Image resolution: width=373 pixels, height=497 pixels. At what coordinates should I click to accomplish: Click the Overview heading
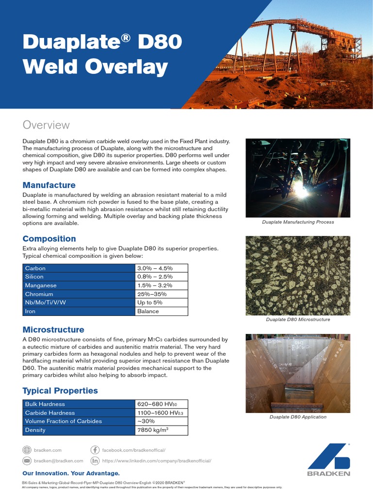pyautogui.click(x=46, y=125)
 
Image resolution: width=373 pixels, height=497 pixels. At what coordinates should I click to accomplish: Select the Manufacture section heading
pyautogui.click(x=49, y=185)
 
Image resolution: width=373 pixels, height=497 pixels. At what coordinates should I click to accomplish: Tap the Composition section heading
pyautogui.click(x=50, y=238)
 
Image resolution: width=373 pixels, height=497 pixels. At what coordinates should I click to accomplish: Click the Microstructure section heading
pyautogui.click(x=53, y=330)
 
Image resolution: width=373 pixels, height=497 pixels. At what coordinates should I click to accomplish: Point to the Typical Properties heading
pyautogui.click(x=60, y=390)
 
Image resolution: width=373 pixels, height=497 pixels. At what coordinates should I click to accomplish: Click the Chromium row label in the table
pyautogui.click(x=39, y=294)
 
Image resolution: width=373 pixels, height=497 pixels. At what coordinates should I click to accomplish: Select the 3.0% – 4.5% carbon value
pyautogui.click(x=155, y=268)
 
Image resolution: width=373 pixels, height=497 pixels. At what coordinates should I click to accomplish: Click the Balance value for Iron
pyautogui.click(x=148, y=311)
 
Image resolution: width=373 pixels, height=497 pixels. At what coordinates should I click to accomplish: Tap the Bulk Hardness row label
pyautogui.click(x=45, y=404)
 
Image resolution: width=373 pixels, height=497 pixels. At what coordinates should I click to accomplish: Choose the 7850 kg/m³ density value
pyautogui.click(x=153, y=430)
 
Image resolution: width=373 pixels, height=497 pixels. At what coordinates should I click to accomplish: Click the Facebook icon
pyautogui.click(x=95, y=450)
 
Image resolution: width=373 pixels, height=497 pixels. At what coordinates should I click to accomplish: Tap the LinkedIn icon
pyautogui.click(x=95, y=461)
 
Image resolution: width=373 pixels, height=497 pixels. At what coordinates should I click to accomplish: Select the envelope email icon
pyautogui.click(x=27, y=461)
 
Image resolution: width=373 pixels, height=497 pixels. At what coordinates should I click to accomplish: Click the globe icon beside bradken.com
pyautogui.click(x=27, y=450)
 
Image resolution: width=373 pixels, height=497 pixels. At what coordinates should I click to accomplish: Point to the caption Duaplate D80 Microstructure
pyautogui.click(x=298, y=319)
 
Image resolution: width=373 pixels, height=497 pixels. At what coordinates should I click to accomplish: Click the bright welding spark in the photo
pyautogui.click(x=301, y=190)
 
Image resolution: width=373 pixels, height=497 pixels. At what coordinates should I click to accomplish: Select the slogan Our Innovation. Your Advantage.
pyautogui.click(x=71, y=473)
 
